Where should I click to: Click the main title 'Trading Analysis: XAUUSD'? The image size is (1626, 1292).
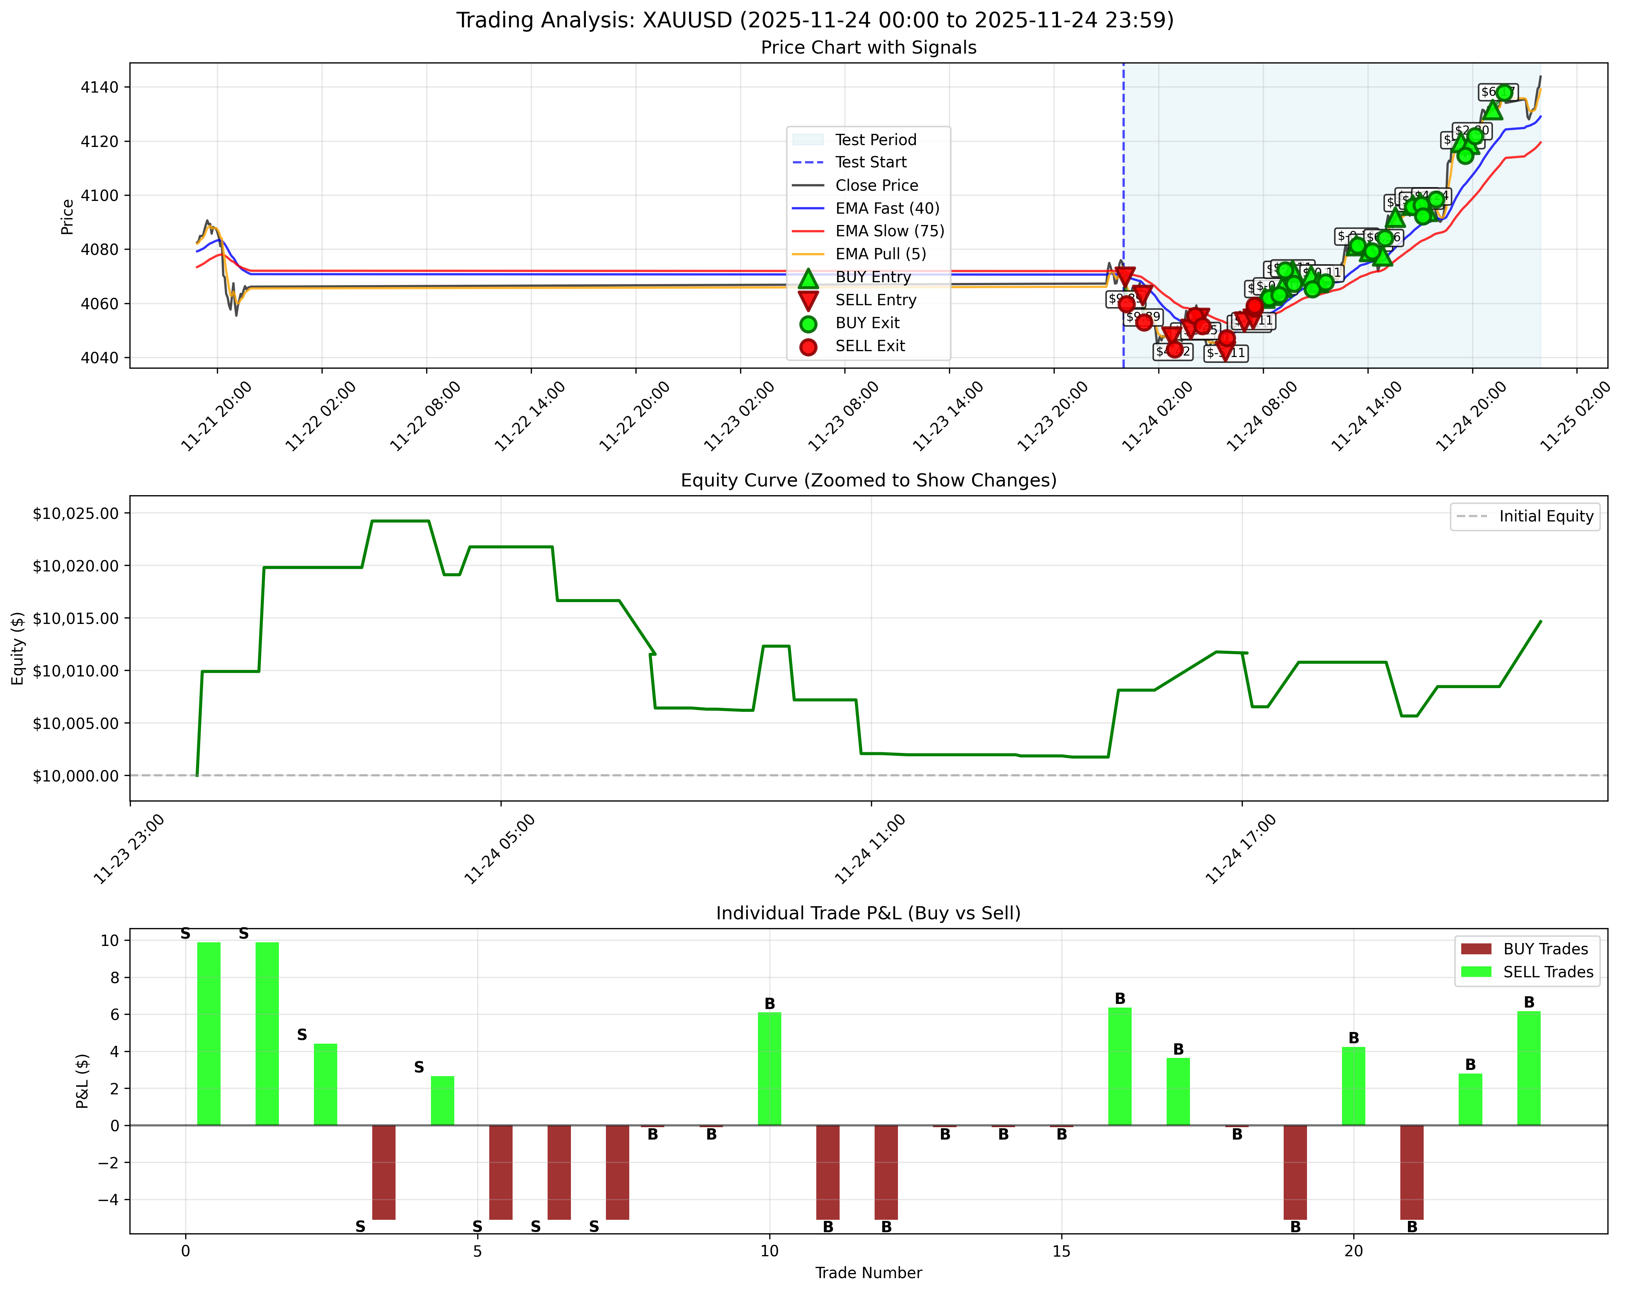click(814, 20)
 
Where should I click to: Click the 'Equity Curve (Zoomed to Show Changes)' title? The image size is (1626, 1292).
click(868, 481)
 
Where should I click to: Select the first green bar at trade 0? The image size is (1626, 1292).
click(209, 1033)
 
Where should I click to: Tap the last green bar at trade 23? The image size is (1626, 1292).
click(1529, 1068)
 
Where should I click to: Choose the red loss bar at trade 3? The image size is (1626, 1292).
click(384, 1171)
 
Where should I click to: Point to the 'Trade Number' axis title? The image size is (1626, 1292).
click(868, 1273)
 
